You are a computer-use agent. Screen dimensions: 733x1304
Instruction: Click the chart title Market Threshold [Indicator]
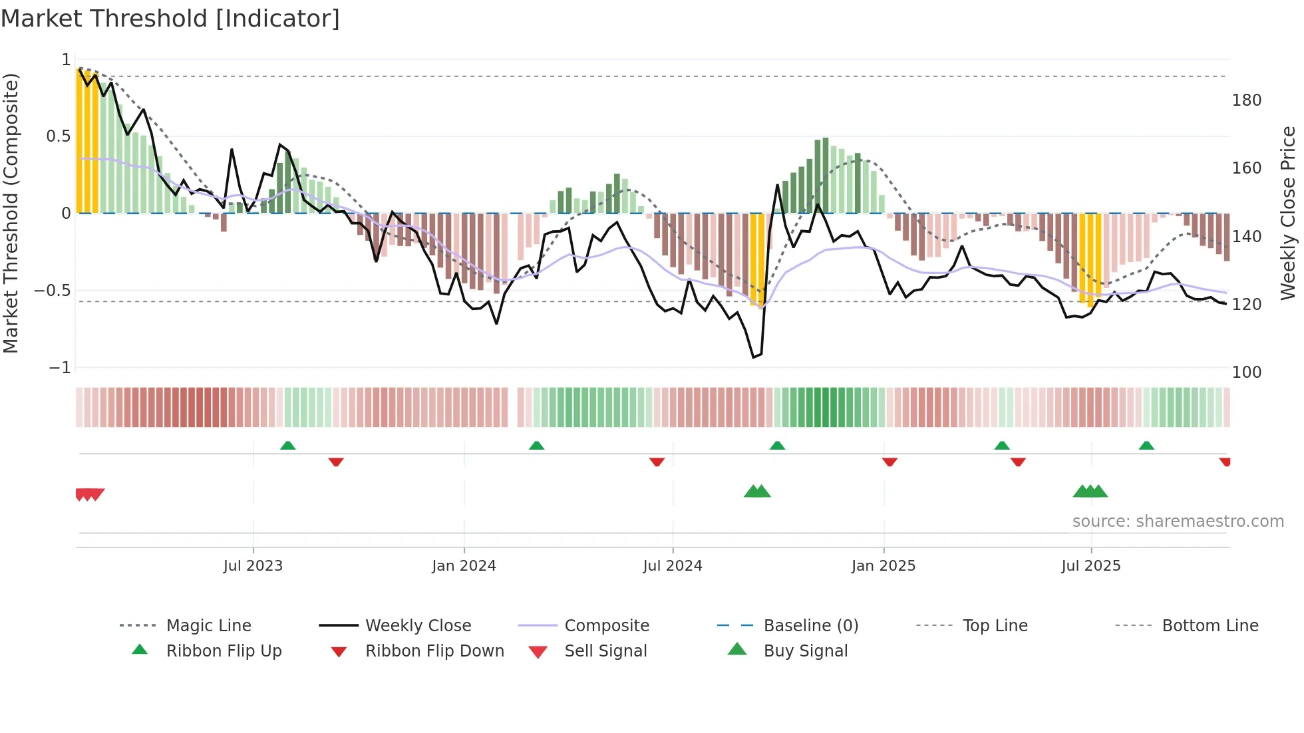[x=170, y=19]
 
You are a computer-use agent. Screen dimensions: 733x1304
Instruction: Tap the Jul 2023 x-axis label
[x=253, y=566]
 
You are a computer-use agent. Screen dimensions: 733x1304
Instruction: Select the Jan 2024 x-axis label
[x=464, y=566]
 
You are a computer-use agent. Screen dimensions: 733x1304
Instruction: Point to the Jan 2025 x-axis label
[x=883, y=566]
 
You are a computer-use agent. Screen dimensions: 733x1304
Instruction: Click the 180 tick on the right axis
[x=1246, y=100]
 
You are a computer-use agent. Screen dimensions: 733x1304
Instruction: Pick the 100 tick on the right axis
[x=1246, y=372]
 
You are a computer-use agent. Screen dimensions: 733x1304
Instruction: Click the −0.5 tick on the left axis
[x=53, y=291]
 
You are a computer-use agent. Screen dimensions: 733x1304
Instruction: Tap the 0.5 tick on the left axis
[x=58, y=136]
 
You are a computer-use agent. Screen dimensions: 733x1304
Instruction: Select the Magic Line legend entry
[x=208, y=626]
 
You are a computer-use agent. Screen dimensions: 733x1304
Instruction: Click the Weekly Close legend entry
[x=418, y=626]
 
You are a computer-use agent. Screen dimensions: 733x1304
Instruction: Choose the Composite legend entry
[x=606, y=626]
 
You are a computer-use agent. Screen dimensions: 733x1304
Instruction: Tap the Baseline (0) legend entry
[x=810, y=626]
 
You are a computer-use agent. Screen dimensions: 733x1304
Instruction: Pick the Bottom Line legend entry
[x=1210, y=626]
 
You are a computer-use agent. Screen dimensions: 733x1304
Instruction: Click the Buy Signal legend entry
[x=805, y=651]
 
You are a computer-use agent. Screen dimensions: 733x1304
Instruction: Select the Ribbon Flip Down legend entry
[x=434, y=651]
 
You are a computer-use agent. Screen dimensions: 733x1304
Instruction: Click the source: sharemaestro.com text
[x=1178, y=521]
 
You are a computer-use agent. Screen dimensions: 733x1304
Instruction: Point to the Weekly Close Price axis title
[x=1288, y=213]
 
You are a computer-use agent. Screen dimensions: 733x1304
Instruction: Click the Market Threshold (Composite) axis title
[x=11, y=213]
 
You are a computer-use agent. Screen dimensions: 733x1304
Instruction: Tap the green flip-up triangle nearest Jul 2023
[x=287, y=446]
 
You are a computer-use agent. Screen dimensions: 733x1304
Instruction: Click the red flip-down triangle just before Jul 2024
[x=657, y=462]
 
